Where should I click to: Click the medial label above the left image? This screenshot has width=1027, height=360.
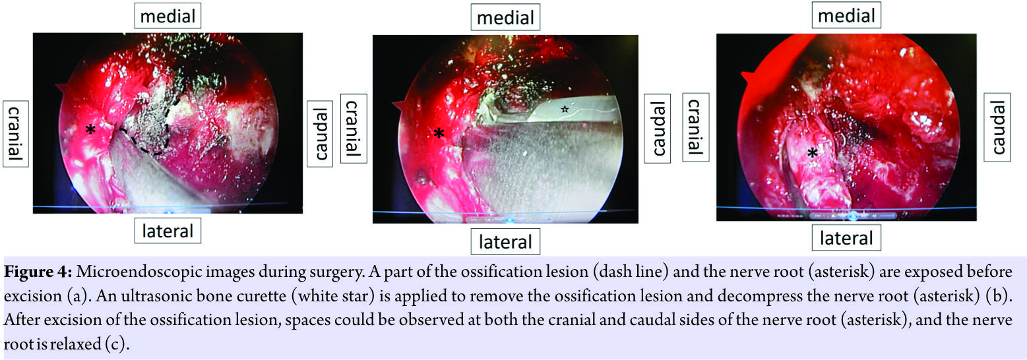pyautogui.click(x=168, y=16)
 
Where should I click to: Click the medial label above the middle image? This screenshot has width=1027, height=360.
pyautogui.click(x=505, y=17)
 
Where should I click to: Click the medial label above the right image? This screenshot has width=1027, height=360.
pyautogui.click(x=846, y=16)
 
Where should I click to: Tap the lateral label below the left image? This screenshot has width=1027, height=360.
pyautogui.click(x=168, y=230)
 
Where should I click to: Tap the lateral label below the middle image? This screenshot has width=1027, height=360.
pyautogui.click(x=505, y=241)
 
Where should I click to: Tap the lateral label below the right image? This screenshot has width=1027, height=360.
pyautogui.click(x=846, y=238)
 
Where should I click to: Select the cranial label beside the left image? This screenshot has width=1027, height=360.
pyautogui.click(x=16, y=134)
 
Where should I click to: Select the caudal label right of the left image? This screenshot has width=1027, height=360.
pyautogui.click(x=319, y=134)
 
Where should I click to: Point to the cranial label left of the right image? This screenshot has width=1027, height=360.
pyautogui.click(x=695, y=127)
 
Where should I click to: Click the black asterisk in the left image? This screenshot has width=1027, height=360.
pyautogui.click(x=91, y=130)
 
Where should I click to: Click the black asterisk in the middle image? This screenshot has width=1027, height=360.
pyautogui.click(x=439, y=133)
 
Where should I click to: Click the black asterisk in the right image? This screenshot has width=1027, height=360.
pyautogui.click(x=813, y=152)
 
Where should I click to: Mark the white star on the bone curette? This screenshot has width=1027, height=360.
pyautogui.click(x=565, y=109)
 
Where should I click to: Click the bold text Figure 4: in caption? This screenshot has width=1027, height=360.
pyautogui.click(x=38, y=272)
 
